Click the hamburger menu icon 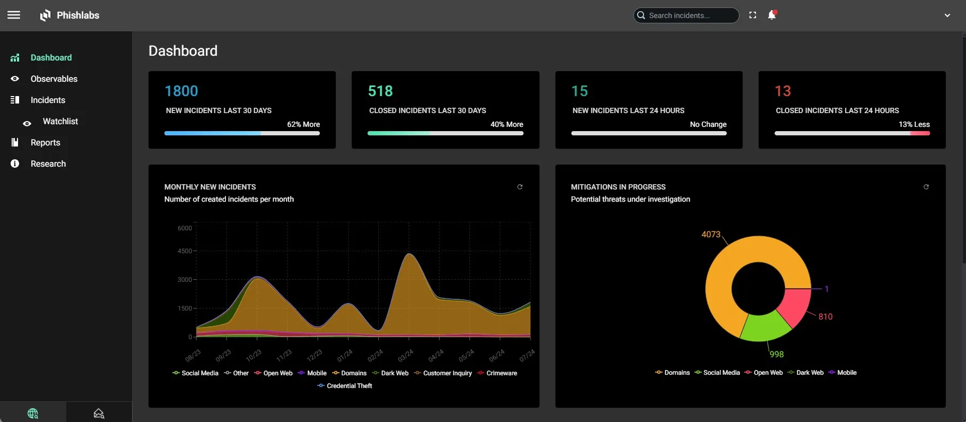pyautogui.click(x=14, y=15)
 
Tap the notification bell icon pyautogui.click(x=772, y=15)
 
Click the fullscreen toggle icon pyautogui.click(x=753, y=15)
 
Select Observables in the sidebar pyautogui.click(x=54, y=79)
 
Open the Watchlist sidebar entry pyautogui.click(x=60, y=121)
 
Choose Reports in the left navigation pyautogui.click(x=45, y=142)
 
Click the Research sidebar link pyautogui.click(x=48, y=163)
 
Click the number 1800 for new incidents pyautogui.click(x=181, y=91)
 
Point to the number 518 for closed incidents pyautogui.click(x=380, y=91)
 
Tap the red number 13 pyautogui.click(x=782, y=91)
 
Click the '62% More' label pyautogui.click(x=303, y=124)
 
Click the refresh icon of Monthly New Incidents pyautogui.click(x=520, y=187)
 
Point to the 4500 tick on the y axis pyautogui.click(x=185, y=251)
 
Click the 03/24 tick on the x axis pyautogui.click(x=405, y=355)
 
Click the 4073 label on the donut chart pyautogui.click(x=711, y=234)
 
